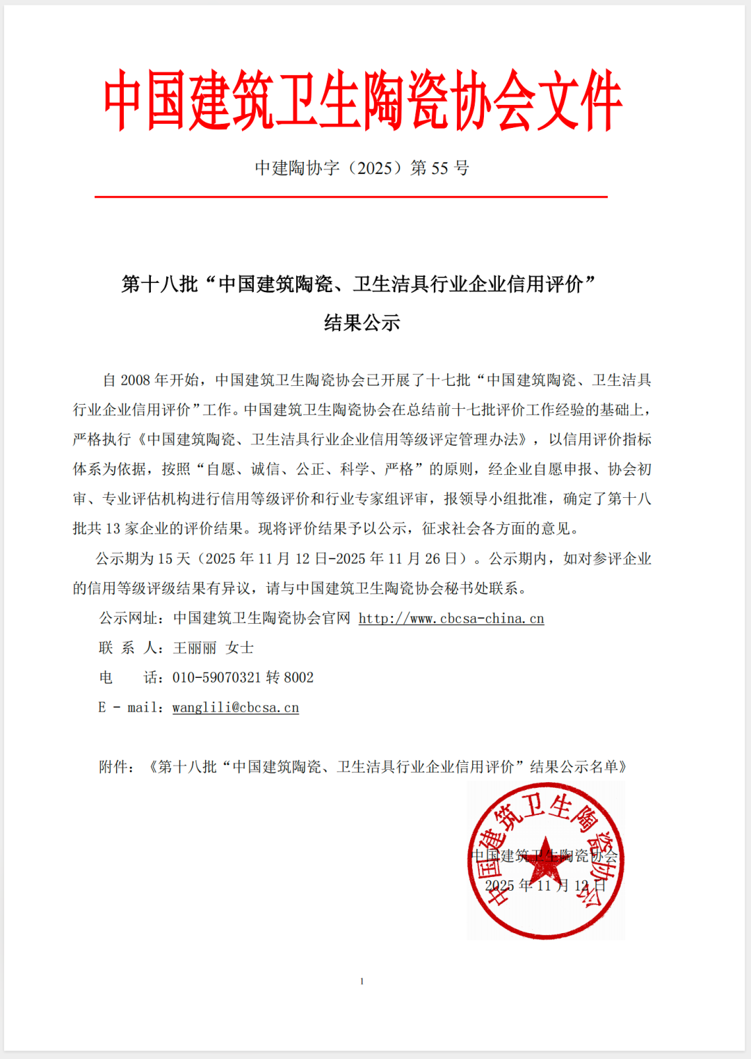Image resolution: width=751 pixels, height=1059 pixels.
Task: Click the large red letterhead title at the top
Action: tap(362, 101)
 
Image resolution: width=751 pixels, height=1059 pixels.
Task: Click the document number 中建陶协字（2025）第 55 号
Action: tap(362, 168)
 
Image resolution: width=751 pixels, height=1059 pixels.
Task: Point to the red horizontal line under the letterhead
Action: tap(351, 197)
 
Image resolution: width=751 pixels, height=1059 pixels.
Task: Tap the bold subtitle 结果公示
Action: tap(362, 323)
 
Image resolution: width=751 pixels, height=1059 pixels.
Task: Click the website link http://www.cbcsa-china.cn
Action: tap(451, 619)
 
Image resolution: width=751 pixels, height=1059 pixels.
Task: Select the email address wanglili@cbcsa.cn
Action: tap(236, 708)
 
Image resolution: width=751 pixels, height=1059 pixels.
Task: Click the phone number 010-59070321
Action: tap(216, 678)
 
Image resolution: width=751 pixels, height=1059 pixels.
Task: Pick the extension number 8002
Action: tap(299, 678)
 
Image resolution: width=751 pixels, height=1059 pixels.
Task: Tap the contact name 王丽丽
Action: tap(195, 648)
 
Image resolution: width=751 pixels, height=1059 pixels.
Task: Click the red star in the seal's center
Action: tap(545, 859)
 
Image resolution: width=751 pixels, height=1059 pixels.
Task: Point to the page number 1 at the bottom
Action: tap(362, 981)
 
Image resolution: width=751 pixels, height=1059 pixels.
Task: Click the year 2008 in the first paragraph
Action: tap(136, 380)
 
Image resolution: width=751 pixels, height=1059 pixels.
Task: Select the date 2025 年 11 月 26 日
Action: tap(414, 559)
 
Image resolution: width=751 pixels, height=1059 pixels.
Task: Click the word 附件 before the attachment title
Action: tap(113, 767)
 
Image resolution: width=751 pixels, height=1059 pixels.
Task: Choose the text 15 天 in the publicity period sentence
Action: tap(174, 559)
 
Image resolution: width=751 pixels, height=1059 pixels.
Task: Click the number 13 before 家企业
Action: tap(113, 529)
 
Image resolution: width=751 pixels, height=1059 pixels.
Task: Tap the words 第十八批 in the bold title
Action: tap(160, 284)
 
